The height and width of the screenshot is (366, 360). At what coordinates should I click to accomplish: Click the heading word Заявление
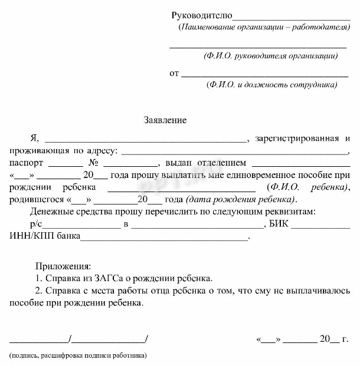pos(165,120)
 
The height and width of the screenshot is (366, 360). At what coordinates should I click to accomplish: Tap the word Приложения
pos(63,266)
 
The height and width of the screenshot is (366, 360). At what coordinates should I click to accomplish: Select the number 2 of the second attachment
pos(38,290)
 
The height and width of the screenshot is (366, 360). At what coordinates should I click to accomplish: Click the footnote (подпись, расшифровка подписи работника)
pos(78,356)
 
